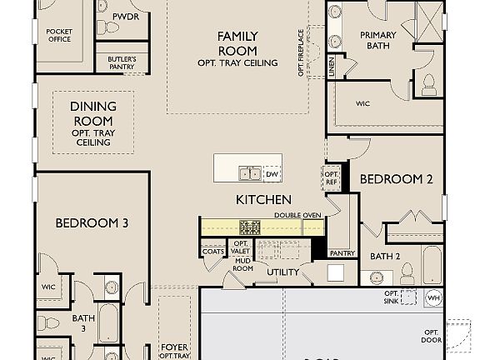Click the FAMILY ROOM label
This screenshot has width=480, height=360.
tap(237, 43)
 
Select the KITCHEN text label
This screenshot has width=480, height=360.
tap(263, 199)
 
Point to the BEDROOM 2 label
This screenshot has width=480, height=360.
tap(396, 179)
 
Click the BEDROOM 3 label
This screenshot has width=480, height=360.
tap(92, 222)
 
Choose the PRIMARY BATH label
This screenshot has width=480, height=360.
tap(377, 40)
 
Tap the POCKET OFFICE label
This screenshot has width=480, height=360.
tap(59, 34)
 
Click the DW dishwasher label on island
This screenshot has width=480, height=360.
tap(271, 173)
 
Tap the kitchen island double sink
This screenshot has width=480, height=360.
tap(250, 173)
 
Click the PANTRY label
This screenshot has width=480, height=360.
tap(342, 252)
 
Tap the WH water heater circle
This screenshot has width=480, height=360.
tap(432, 297)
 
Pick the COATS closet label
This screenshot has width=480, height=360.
tap(212, 251)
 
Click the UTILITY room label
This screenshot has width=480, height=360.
tap(282, 272)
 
